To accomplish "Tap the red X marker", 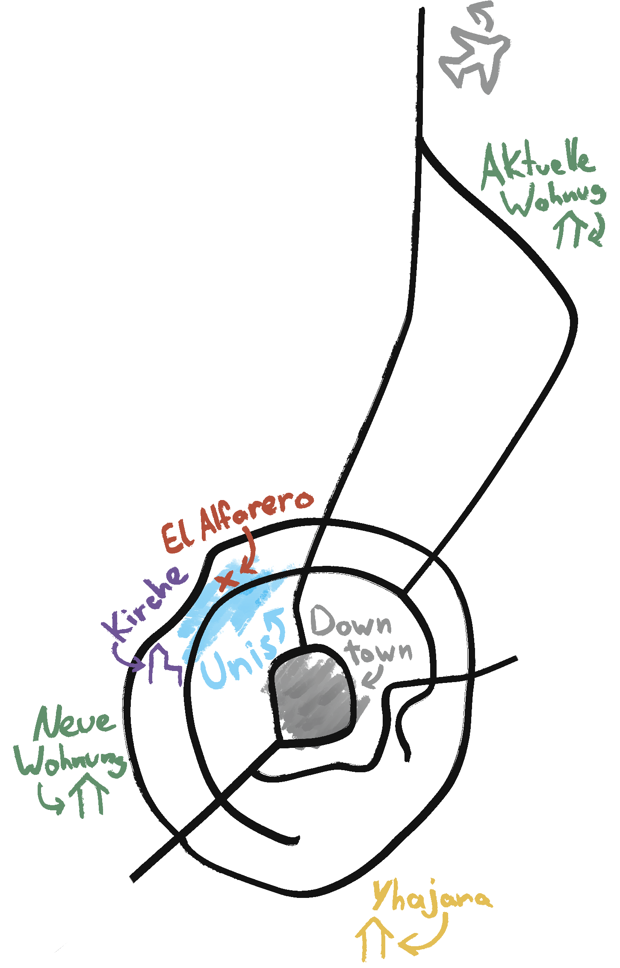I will click(227, 580).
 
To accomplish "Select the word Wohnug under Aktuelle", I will click(554, 198).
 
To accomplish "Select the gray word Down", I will click(351, 622).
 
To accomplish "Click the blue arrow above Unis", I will click(276, 624).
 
